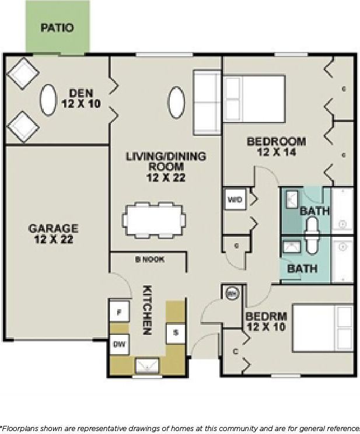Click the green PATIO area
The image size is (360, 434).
point(58,27)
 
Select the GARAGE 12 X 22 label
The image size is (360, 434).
point(53,233)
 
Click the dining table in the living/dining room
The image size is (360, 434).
point(154,220)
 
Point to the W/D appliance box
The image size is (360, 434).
point(235,200)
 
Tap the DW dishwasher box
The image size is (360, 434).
point(119,344)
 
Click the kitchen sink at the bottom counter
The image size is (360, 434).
point(146,366)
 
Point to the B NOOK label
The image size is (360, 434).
point(150,260)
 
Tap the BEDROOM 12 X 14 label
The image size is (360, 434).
point(276,146)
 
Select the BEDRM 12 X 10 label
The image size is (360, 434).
point(265,321)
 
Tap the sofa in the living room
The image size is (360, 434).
point(206,103)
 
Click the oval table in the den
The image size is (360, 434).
point(48,99)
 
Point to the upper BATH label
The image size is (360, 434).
point(314,211)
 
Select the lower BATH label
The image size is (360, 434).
point(302,268)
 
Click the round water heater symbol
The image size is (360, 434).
point(232,293)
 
